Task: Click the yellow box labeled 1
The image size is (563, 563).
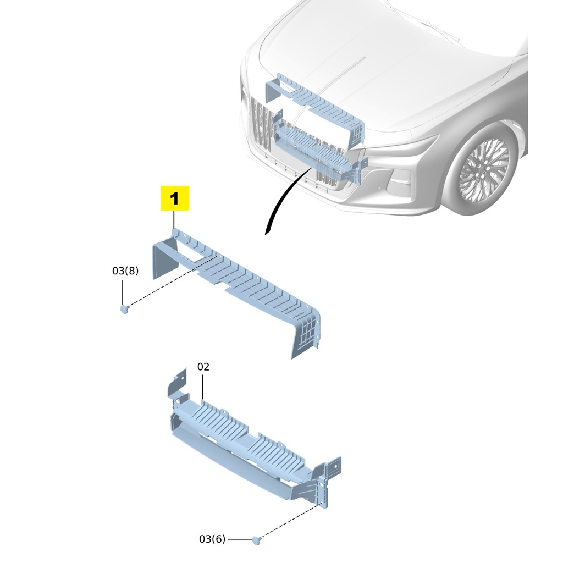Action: coord(174,198)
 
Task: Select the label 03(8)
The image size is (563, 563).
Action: coord(125,271)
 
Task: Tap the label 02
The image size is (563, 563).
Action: coord(203,367)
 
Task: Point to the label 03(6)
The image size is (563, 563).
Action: coord(212,539)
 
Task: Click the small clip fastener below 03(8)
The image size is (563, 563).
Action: coord(124,309)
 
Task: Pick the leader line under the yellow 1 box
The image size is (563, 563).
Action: coord(174,220)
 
